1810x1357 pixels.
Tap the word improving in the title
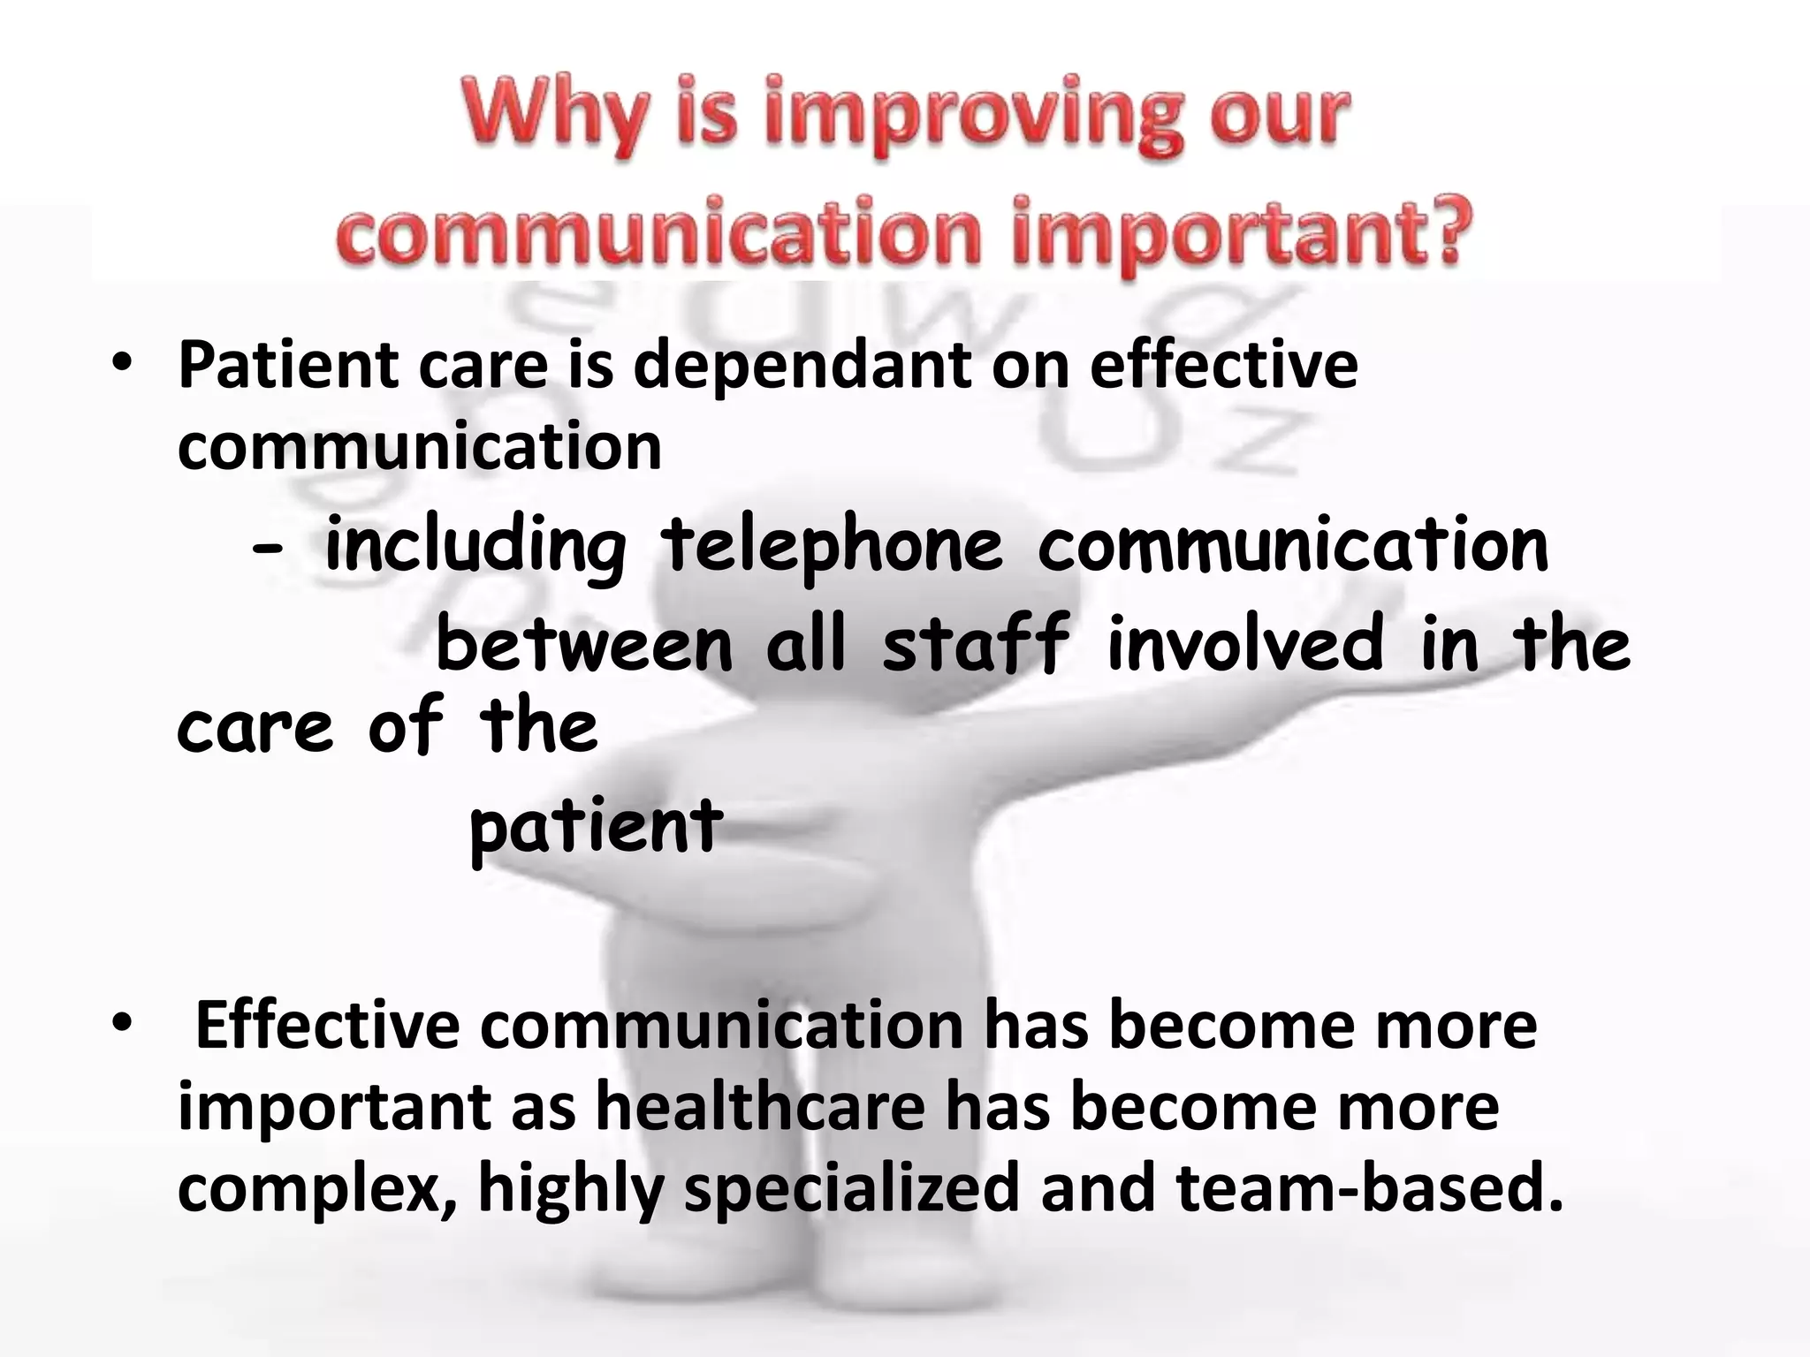point(972,119)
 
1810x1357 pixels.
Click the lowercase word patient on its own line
point(596,827)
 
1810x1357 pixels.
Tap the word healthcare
point(760,1106)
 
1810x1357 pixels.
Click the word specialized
point(852,1189)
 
